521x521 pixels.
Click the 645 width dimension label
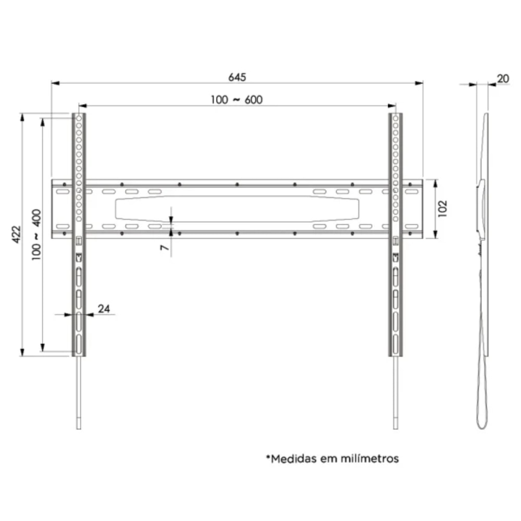[237, 77]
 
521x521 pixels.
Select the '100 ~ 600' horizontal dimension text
[237, 100]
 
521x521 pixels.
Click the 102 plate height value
[443, 208]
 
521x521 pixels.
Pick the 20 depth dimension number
[503, 79]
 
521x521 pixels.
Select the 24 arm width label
[104, 309]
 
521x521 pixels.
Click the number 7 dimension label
[165, 248]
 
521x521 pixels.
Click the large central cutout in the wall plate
[237, 209]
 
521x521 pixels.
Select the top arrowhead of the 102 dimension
[436, 182]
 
